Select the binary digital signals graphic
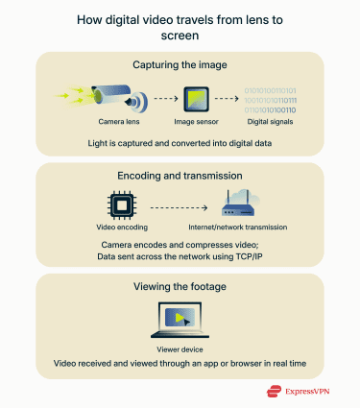coord(270,96)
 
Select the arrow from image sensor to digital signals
coord(228,98)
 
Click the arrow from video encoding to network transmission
coord(181,206)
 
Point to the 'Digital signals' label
coord(270,122)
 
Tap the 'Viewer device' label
coord(180,348)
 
